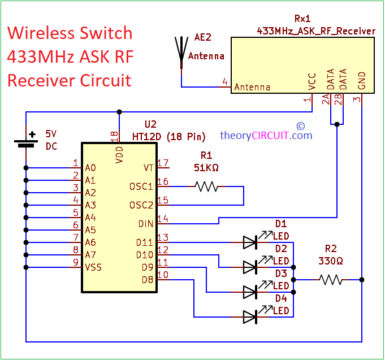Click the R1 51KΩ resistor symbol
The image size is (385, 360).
(206, 186)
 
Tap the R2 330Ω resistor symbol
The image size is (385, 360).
(330, 279)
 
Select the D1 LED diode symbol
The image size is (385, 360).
(251, 242)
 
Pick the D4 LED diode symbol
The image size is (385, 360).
(251, 316)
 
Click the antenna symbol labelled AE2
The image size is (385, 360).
(181, 51)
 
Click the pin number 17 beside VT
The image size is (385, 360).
(163, 163)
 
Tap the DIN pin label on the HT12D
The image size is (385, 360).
(145, 224)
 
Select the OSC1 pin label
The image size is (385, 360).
(141, 186)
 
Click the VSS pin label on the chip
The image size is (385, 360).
(93, 267)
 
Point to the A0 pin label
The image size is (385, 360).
(90, 168)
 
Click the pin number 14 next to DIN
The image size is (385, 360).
(163, 219)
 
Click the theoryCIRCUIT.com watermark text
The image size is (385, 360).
(266, 136)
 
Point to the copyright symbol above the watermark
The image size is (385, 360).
(300, 125)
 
